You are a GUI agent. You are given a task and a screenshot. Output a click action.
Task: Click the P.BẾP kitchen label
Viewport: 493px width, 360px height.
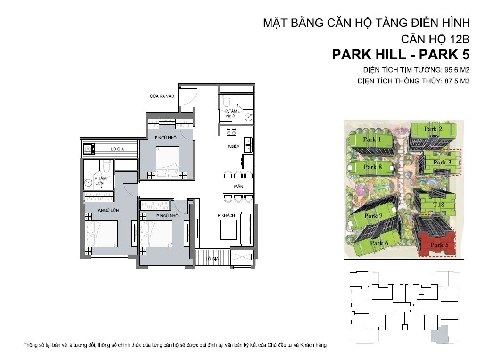pyautogui.click(x=233, y=147)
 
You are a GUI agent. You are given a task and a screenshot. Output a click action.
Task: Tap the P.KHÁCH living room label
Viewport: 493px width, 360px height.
pyautogui.click(x=226, y=215)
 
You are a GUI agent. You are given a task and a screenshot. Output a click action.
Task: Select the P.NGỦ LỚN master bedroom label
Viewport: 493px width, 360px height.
pyautogui.click(x=108, y=210)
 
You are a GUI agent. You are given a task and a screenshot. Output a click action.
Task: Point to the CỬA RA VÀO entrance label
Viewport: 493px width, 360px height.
pyautogui.click(x=162, y=96)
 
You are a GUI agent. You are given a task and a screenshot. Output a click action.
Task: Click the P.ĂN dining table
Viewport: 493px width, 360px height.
pyautogui.click(x=238, y=187)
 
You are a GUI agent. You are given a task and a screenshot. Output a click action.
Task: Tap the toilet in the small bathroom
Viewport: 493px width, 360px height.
pyautogui.click(x=227, y=102)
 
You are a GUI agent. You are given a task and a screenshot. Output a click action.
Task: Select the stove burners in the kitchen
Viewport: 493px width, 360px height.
pyautogui.click(x=231, y=131)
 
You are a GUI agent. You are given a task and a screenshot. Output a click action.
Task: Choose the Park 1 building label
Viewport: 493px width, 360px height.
pyautogui.click(x=372, y=139)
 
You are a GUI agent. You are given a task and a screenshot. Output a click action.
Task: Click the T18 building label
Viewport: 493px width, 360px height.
pyautogui.click(x=439, y=205)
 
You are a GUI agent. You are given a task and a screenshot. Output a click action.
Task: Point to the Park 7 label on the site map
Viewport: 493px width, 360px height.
pyautogui.click(x=373, y=216)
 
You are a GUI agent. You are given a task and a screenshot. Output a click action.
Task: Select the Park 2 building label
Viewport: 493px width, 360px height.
pyautogui.click(x=433, y=129)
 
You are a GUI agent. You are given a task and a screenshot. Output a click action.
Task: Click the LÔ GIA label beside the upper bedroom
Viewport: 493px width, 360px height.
pyautogui.click(x=117, y=149)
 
